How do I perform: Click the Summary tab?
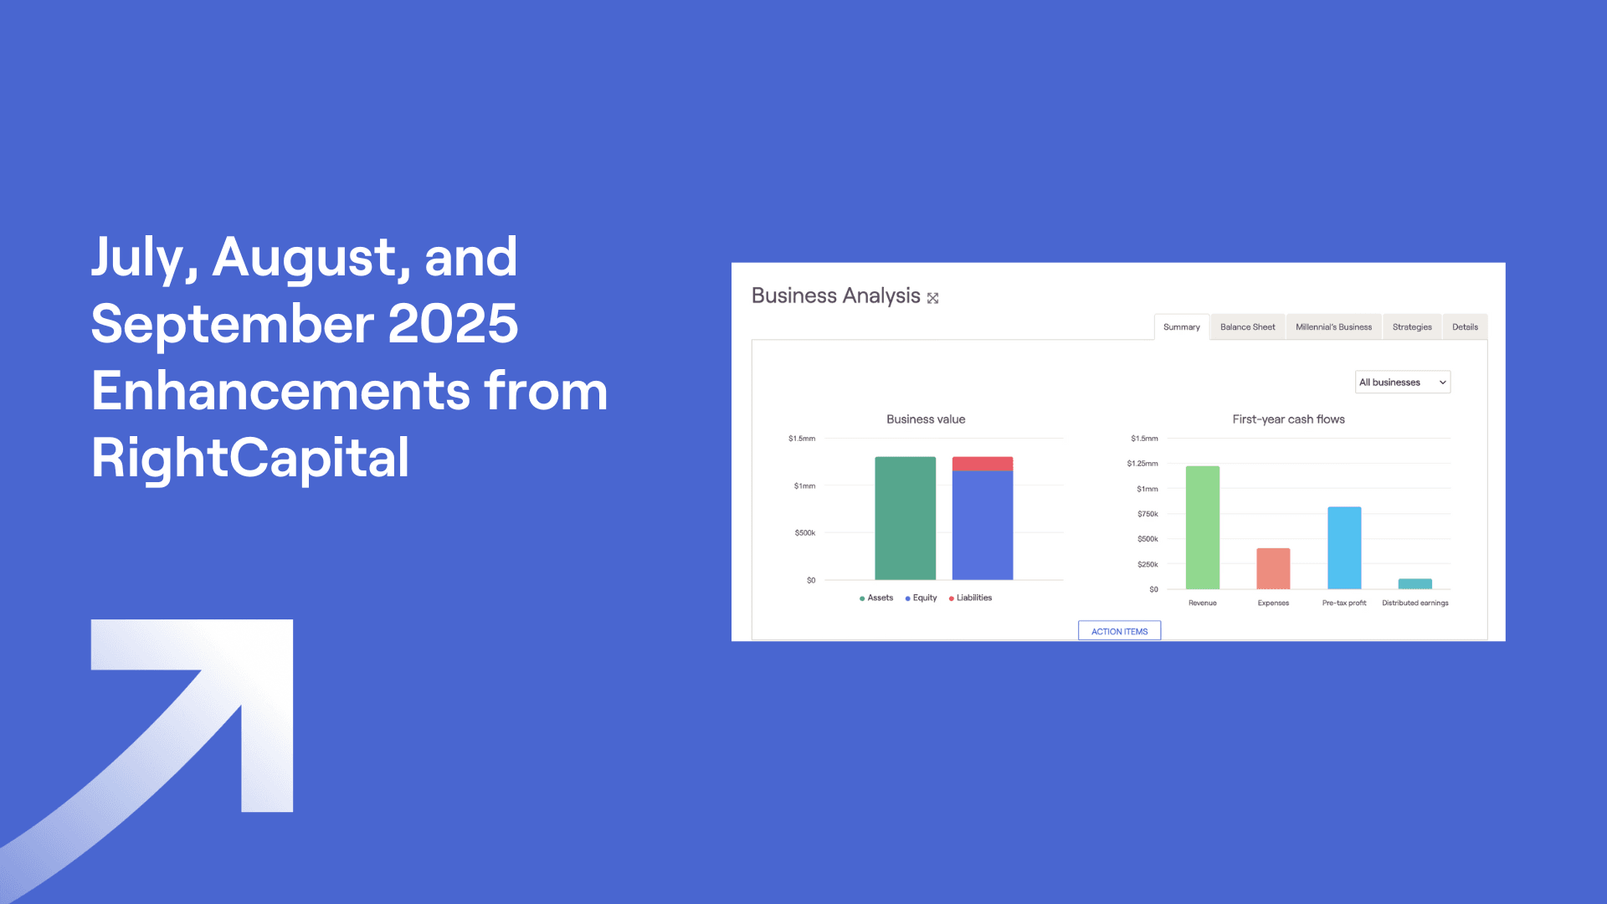coord(1181,327)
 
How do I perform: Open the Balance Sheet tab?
coord(1247,327)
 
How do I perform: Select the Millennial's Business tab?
coord(1333,327)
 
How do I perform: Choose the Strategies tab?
coord(1412,327)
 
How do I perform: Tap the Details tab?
coord(1465,327)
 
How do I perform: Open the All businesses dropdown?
coord(1402,383)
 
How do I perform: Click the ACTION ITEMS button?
coord(1119,631)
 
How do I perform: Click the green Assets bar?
coord(905,518)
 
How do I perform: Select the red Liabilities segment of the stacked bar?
coord(983,464)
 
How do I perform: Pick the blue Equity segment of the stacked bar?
coord(983,525)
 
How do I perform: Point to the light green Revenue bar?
coord(1202,527)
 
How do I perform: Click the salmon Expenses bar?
coord(1273,568)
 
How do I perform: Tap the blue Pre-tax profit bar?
coord(1344,547)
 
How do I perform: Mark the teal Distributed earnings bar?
coord(1414,583)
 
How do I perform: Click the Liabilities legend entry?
coord(971,598)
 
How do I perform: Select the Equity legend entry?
coord(922,598)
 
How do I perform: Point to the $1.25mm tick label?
coord(1142,464)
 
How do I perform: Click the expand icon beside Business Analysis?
coord(932,298)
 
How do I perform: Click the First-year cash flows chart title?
coord(1288,419)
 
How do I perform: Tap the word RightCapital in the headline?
coord(250,458)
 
